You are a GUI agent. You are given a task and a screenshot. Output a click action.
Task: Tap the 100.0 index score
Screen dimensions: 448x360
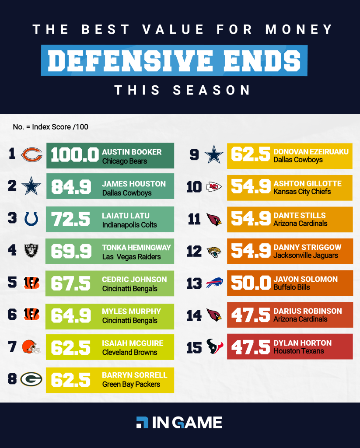[x=75, y=156]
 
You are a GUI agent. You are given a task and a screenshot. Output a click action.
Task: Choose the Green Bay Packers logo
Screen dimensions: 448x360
[x=31, y=379]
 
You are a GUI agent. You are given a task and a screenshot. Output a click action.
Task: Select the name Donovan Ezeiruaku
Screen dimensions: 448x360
[x=311, y=152]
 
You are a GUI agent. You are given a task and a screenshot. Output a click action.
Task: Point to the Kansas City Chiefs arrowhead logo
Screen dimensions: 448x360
[x=214, y=187]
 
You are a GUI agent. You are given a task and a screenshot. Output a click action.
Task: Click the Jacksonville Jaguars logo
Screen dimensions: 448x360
[x=214, y=252]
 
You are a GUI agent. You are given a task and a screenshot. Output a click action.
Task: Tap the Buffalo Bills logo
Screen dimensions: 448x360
[x=214, y=283]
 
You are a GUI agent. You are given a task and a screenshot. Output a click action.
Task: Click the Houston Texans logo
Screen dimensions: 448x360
[x=214, y=347]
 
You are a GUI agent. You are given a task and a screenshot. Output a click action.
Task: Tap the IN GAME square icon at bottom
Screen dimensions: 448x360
[x=142, y=422]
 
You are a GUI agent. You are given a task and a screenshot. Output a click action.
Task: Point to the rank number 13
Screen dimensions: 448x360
[x=194, y=283]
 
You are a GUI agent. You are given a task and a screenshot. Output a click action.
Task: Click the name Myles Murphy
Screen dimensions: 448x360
[x=131, y=311]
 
